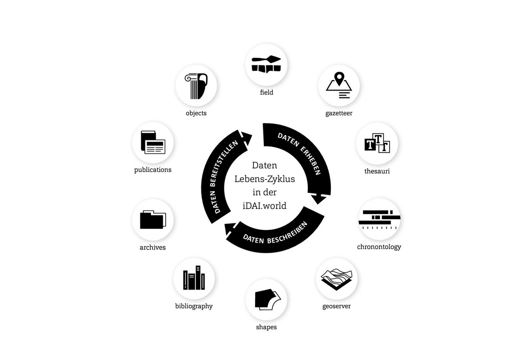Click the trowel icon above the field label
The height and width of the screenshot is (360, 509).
coord(266,59)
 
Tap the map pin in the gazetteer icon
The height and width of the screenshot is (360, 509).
coord(339,78)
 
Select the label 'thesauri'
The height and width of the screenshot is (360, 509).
coord(377,171)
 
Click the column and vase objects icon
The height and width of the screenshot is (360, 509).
coord(196,86)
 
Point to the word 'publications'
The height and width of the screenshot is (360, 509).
coord(153,170)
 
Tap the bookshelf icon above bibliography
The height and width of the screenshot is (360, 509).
coord(194,278)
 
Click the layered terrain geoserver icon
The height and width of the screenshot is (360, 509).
coord(336,279)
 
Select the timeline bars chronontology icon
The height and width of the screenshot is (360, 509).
coord(380,219)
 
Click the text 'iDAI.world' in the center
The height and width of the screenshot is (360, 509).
coord(265,206)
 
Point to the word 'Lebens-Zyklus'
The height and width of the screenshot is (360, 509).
coord(265,179)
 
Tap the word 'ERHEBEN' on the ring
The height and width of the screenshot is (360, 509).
coord(311,161)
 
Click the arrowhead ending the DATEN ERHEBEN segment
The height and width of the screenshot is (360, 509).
coord(318,199)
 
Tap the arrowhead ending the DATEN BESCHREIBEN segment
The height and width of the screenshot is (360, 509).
coord(230,230)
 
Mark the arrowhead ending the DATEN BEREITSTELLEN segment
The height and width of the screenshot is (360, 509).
coord(246,138)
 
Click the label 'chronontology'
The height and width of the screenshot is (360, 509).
coord(379,247)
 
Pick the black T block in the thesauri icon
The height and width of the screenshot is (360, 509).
coord(370,144)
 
